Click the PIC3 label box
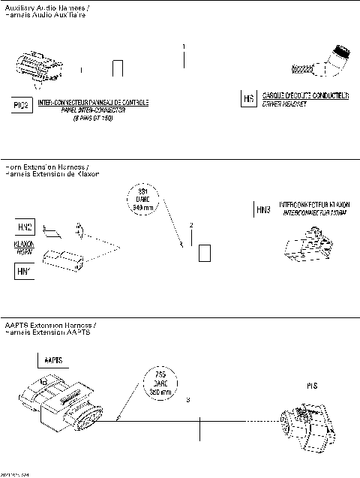22,105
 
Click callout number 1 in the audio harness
184,47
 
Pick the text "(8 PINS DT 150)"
93,119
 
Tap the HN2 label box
24,227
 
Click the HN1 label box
24,268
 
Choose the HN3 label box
263,210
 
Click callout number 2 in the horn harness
191,225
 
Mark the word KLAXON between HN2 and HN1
24,244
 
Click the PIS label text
313,386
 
